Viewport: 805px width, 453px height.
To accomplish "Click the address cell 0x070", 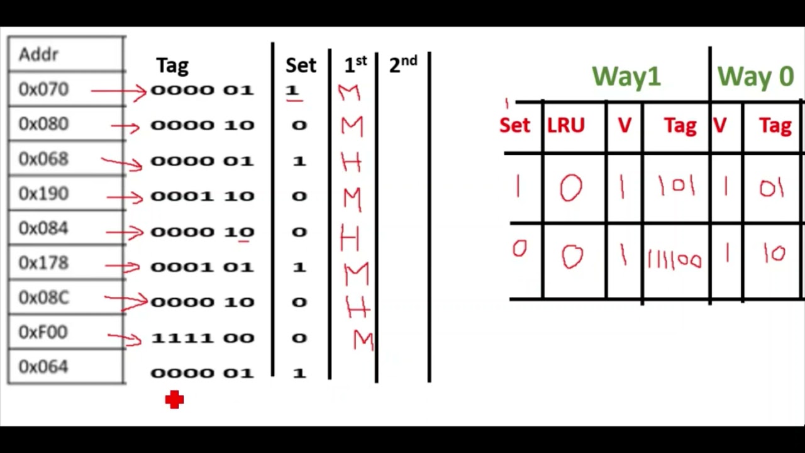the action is pyautogui.click(x=43, y=90).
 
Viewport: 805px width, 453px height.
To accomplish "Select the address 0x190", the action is pyautogui.click(x=43, y=194).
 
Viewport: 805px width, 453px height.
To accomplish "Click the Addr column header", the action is pyautogui.click(x=39, y=55).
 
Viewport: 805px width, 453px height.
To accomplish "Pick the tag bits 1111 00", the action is pyautogui.click(x=203, y=338).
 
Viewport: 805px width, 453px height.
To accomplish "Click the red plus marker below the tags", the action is pyautogui.click(x=174, y=400).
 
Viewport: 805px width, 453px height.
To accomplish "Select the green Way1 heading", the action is pyautogui.click(x=626, y=77).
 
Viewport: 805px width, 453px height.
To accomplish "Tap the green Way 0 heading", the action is pyautogui.click(x=755, y=77).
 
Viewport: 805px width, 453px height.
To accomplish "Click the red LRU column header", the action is pyautogui.click(x=566, y=126).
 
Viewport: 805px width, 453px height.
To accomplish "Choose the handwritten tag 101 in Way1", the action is pyautogui.click(x=677, y=187).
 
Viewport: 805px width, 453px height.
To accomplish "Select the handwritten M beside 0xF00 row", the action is pyautogui.click(x=364, y=340).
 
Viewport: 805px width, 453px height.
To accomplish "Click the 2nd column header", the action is pyautogui.click(x=402, y=64).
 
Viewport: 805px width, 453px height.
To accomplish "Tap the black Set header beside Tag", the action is pyautogui.click(x=301, y=65).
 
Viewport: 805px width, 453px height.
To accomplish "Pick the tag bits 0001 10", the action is pyautogui.click(x=203, y=196).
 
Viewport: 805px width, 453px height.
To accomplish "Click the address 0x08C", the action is pyautogui.click(x=43, y=298).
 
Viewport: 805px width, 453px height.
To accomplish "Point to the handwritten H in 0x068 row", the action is pyautogui.click(x=351, y=162).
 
